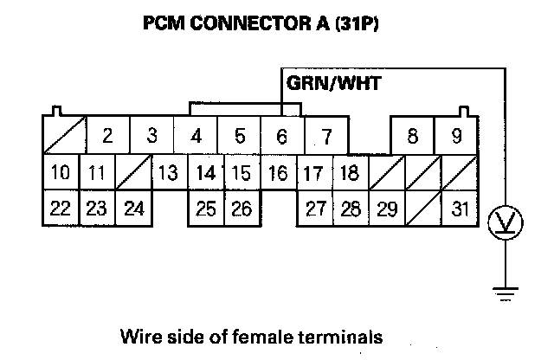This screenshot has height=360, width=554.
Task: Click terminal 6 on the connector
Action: pos(281,136)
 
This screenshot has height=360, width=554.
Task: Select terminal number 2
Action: pos(107,136)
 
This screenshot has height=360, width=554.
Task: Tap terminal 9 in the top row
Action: pos(456,136)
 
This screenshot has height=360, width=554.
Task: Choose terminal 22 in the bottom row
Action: pos(60,209)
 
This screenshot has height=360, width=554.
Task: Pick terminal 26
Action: pos(242,209)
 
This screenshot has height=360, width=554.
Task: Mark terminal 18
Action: pos(348,173)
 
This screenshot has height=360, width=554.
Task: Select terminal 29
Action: pos(387,209)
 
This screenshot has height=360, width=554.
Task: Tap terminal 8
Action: pos(412,136)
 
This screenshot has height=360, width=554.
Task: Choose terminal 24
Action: pos(133,209)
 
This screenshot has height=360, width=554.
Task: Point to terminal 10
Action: pos(60,173)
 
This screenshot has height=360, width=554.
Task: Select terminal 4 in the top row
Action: pos(196,136)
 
